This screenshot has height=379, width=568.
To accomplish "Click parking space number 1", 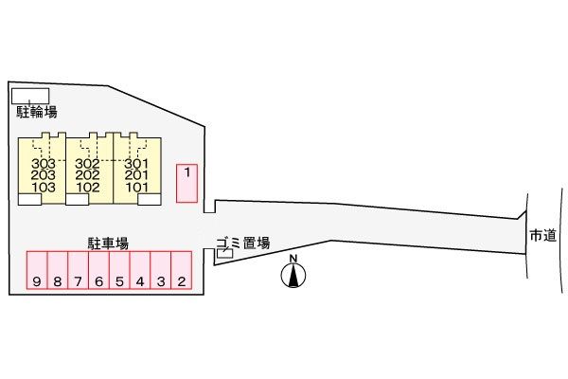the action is (186, 183).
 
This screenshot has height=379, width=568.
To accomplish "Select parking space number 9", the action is (37, 270).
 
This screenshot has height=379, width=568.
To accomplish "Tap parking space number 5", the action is (119, 270).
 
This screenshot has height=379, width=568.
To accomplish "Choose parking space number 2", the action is (182, 270).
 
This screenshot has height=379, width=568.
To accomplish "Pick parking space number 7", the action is (79, 270).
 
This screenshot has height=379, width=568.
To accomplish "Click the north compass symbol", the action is (293, 272).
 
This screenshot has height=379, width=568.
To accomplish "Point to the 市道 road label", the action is (543, 235).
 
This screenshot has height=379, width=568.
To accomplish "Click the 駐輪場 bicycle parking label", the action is (37, 112).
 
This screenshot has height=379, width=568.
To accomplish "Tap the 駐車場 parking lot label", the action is (108, 244).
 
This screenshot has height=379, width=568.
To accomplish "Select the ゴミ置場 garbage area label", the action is (243, 243).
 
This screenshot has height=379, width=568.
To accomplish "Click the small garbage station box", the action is (225, 253).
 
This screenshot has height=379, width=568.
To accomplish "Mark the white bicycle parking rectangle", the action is (30, 96).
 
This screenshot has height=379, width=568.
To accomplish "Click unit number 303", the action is (44, 164).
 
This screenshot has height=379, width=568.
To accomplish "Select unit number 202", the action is (88, 175).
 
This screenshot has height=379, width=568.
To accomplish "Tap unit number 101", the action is (137, 188).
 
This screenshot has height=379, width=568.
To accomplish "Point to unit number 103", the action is (44, 188).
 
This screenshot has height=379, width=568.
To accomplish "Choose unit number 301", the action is (136, 164).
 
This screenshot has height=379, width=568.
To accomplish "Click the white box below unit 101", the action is (150, 199).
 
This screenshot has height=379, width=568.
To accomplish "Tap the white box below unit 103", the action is (29, 199).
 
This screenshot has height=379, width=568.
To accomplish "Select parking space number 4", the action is (140, 270).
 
